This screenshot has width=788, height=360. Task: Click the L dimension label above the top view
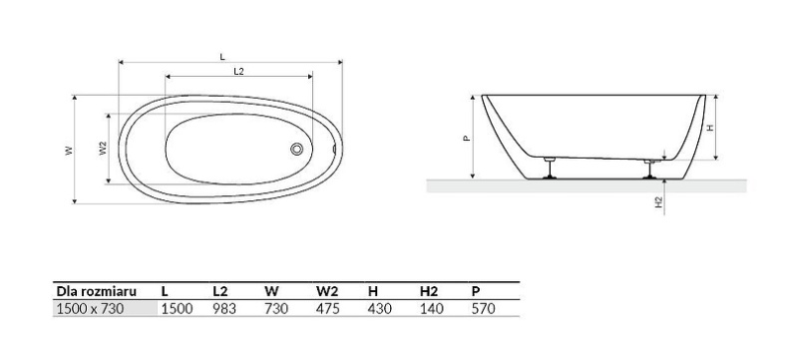pyautogui.click(x=221, y=57)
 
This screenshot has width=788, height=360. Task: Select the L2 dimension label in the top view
pyautogui.click(x=239, y=72)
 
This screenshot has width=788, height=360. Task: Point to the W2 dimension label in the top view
pyautogui.click(x=103, y=149)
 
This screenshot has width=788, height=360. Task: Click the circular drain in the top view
pyautogui.click(x=296, y=150)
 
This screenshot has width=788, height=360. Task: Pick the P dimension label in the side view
pyautogui.click(x=467, y=139)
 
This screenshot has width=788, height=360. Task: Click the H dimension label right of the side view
pyautogui.click(x=709, y=128)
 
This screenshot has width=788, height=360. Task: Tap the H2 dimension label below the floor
pyautogui.click(x=659, y=201)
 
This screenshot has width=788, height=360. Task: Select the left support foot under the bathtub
pyautogui.click(x=549, y=170)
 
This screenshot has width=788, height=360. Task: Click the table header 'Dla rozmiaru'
pyautogui.click(x=95, y=291)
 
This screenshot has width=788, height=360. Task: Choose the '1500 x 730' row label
pyautogui.click(x=91, y=309)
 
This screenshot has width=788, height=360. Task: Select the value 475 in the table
pyautogui.click(x=328, y=309)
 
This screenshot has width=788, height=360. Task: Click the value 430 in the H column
pyautogui.click(x=380, y=309)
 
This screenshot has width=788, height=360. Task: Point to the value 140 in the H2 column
pyautogui.click(x=432, y=309)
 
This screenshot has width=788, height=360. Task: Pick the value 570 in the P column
pyautogui.click(x=483, y=309)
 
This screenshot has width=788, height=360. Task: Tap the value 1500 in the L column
pyautogui.click(x=177, y=309)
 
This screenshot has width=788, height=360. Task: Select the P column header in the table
pyautogui.click(x=475, y=291)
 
